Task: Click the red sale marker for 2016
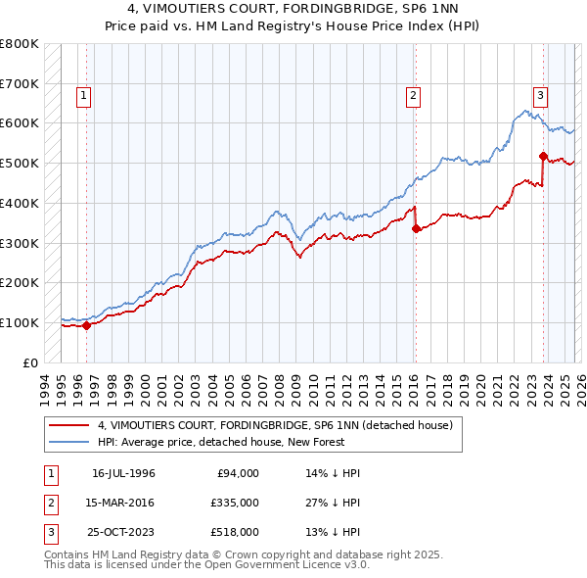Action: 416,228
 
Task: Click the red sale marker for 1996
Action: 86,325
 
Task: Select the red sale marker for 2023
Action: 542,155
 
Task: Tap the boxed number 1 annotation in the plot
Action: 84,95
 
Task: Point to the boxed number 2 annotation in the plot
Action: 414,95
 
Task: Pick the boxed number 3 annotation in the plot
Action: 539,95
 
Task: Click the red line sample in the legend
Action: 69,426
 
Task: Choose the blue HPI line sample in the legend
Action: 69,443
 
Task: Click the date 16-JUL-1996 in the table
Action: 123,473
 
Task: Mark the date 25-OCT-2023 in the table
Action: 123,532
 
